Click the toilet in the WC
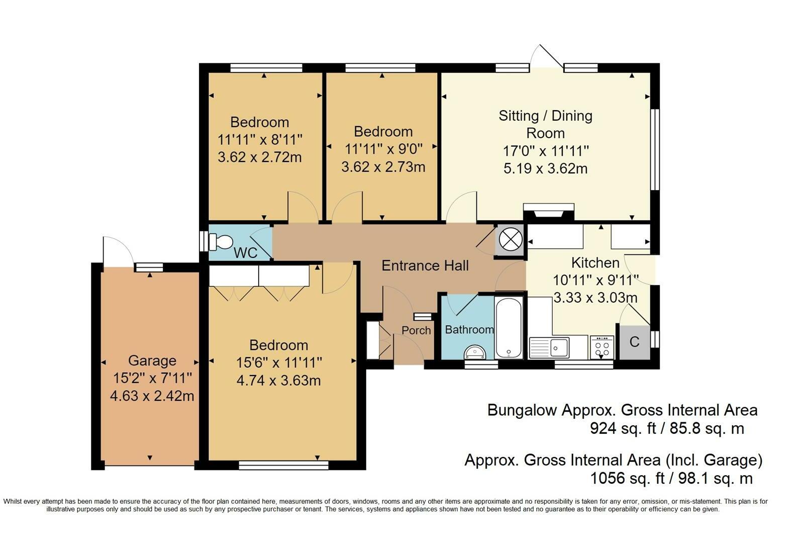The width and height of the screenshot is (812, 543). (221, 242)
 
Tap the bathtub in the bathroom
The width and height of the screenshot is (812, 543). (509, 328)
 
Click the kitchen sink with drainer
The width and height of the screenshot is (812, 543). (549, 347)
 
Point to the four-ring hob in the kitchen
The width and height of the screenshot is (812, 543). (602, 347)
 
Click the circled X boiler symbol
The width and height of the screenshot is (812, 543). (511, 239)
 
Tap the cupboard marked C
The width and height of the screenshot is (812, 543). (634, 342)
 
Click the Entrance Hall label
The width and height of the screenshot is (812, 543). (425, 265)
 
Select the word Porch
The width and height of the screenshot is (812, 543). (416, 330)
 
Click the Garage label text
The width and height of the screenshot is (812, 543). (152, 360)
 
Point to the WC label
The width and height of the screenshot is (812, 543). (245, 253)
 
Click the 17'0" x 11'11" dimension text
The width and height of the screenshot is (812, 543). (546, 151)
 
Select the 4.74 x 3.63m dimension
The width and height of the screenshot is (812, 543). (278, 381)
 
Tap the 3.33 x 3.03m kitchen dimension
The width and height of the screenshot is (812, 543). (595, 298)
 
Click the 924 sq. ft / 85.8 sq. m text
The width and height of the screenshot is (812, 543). (667, 428)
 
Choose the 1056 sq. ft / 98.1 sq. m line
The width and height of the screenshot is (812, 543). (671, 479)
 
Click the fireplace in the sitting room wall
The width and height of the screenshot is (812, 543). (549, 212)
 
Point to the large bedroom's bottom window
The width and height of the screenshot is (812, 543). (283, 465)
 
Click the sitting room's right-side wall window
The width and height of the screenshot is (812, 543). (655, 149)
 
